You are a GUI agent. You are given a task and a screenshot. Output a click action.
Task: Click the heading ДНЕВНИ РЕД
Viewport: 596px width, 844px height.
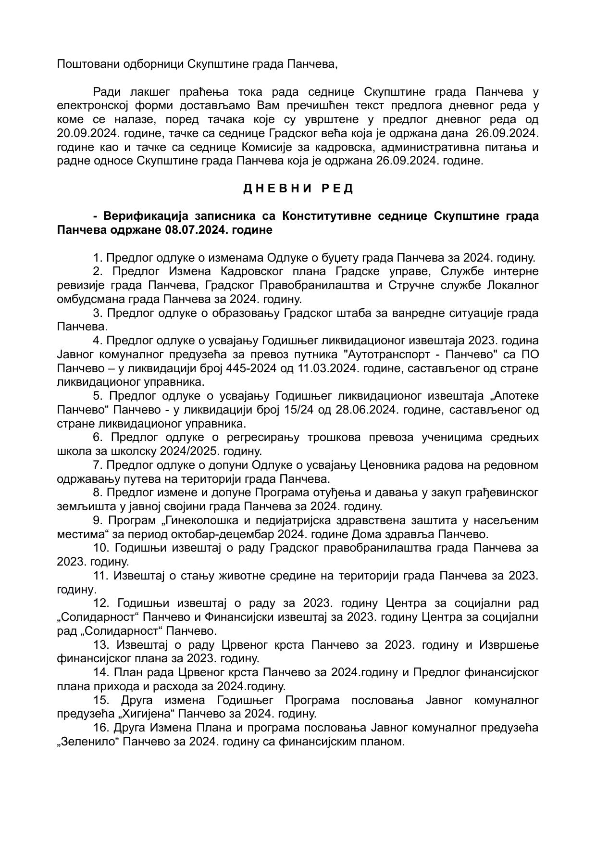(298, 189)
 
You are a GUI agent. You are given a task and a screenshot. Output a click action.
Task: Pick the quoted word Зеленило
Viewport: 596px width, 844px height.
(87, 741)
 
